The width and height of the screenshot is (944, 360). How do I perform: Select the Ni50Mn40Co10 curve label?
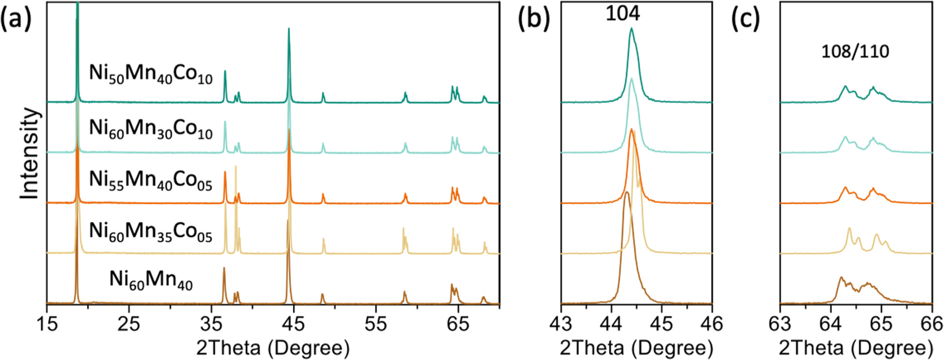(x=151, y=74)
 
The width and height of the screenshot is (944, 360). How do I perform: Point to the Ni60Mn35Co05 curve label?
(x=151, y=231)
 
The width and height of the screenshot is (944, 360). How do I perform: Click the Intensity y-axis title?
(x=30, y=153)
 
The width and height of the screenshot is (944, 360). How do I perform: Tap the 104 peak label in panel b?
(x=623, y=14)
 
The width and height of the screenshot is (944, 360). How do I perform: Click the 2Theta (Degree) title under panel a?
(x=273, y=348)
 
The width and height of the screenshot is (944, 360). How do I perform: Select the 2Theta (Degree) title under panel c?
(x=855, y=348)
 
